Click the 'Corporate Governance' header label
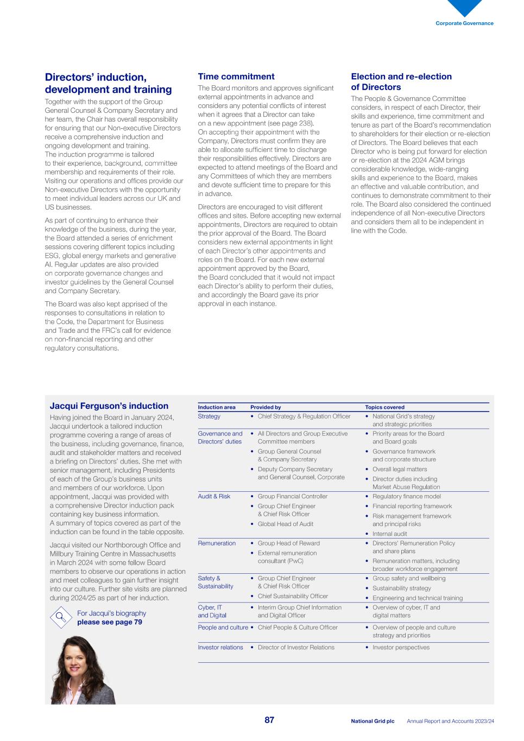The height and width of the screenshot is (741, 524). [x=464, y=23]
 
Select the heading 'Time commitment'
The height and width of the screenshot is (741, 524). [x=236, y=77]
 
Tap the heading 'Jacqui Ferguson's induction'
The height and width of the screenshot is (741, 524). [x=109, y=406]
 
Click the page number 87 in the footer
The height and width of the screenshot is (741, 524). [x=269, y=720]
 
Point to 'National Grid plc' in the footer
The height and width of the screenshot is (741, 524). [x=373, y=721]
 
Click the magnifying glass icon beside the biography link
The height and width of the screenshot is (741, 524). [x=60, y=617]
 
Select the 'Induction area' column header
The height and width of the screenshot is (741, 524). [x=216, y=407]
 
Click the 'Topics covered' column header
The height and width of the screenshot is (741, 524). [x=384, y=407]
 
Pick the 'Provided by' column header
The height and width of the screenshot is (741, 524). [x=266, y=407]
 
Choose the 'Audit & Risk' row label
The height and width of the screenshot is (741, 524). [x=214, y=496]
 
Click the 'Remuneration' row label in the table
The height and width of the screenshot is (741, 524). [x=217, y=543]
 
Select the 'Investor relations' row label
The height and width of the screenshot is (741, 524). [x=220, y=647]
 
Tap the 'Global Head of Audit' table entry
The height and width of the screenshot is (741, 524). [x=285, y=524]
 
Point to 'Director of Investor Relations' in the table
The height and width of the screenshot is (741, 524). [x=295, y=647]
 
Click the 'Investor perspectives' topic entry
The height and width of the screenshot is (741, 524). [x=400, y=647]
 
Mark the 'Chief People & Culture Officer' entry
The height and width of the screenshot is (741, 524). [x=297, y=627]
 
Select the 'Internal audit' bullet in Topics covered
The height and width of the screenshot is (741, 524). [x=389, y=534]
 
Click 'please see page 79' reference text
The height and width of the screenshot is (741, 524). [x=109, y=622]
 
